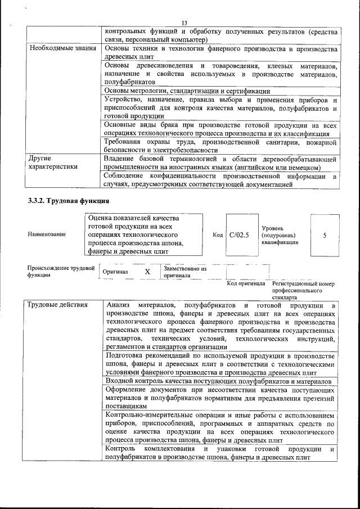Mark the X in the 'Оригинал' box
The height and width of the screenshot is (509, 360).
[147, 272]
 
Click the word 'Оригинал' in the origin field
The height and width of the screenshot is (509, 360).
[115, 272]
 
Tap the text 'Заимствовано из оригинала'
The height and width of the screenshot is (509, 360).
[185, 272]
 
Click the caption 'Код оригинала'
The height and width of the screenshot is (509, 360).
[246, 284]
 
